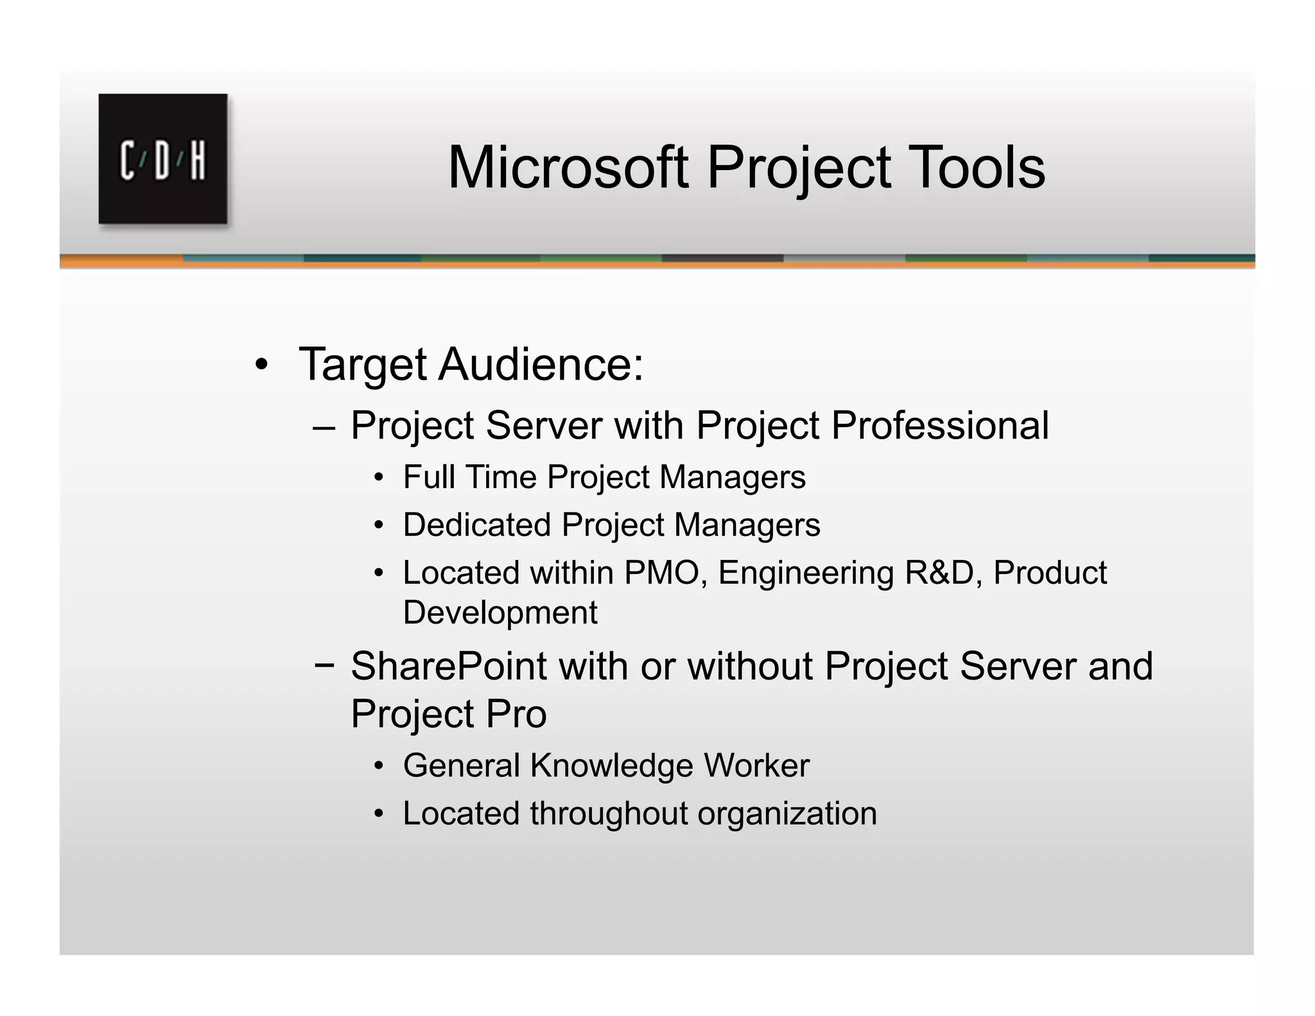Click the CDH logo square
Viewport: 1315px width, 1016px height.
162,159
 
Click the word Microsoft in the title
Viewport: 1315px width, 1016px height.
568,168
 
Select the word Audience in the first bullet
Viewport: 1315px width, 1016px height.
541,365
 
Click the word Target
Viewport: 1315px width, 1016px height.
363,365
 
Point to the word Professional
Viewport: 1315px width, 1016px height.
940,425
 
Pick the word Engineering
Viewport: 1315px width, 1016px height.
806,574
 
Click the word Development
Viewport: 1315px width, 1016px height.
500,613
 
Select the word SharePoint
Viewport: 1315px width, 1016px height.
448,666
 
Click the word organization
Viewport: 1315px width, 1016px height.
787,814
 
